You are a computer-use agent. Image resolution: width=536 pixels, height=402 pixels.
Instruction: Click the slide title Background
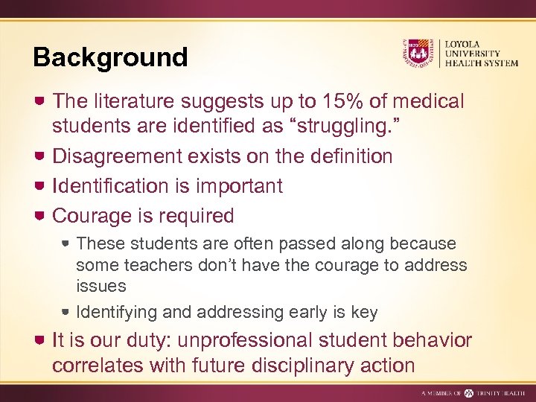(110, 57)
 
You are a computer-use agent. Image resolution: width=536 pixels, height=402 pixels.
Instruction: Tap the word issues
(100, 285)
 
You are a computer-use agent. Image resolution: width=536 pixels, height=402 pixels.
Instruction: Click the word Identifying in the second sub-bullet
(114, 312)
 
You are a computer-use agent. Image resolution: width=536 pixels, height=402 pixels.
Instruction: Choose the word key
(365, 312)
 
